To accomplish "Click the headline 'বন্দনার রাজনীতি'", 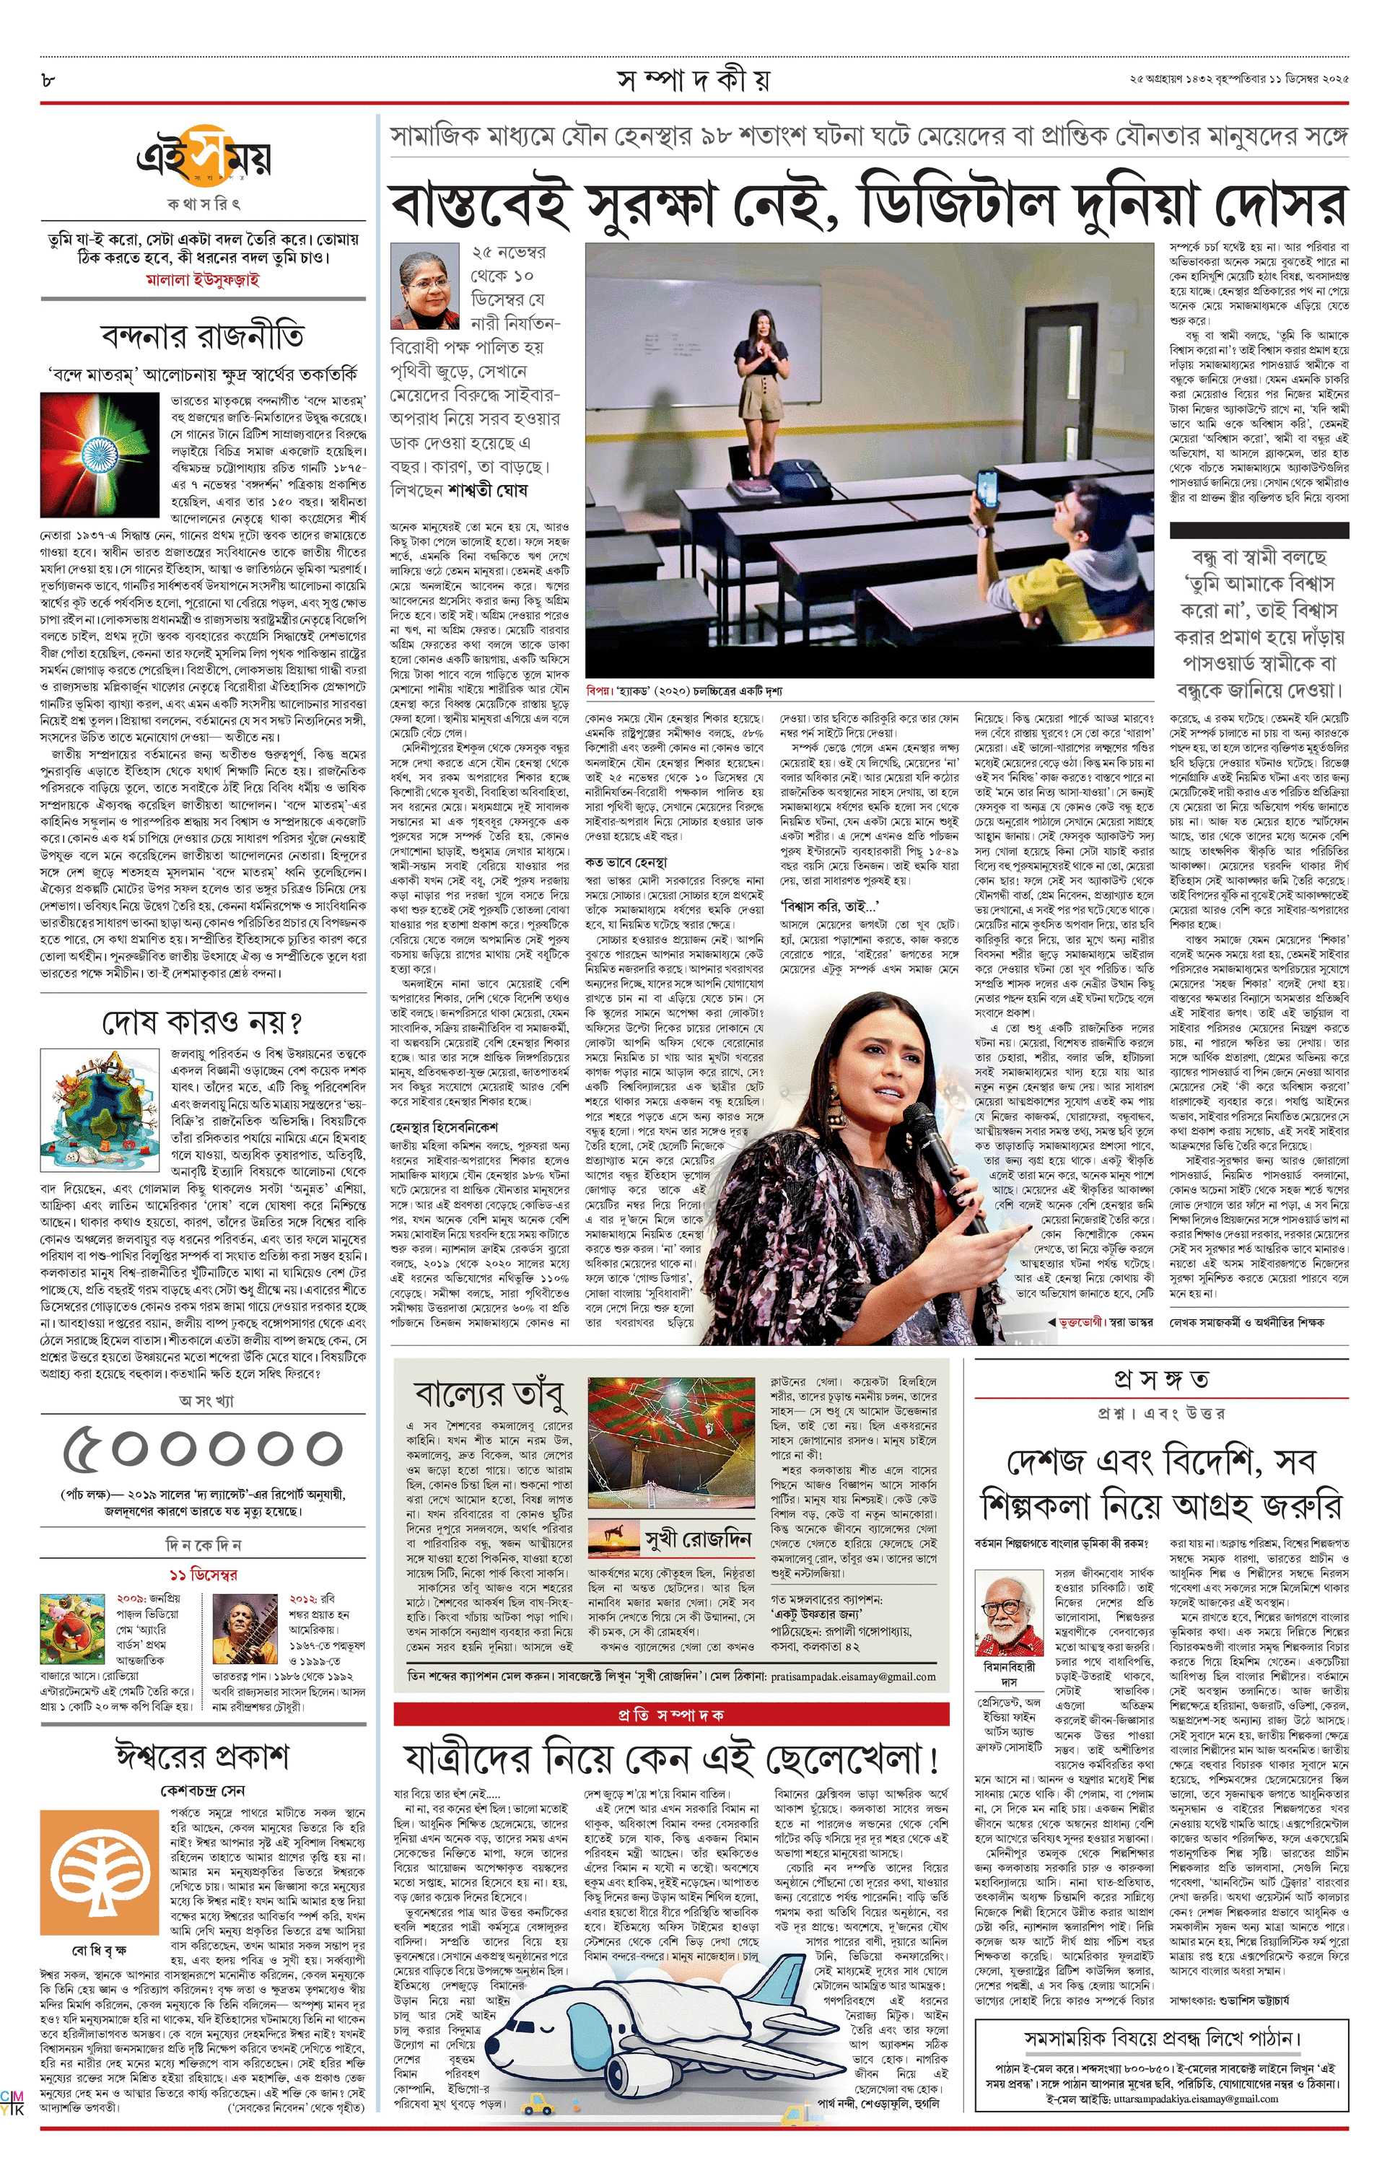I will [203, 336].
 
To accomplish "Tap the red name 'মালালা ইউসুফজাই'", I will [203, 279].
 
